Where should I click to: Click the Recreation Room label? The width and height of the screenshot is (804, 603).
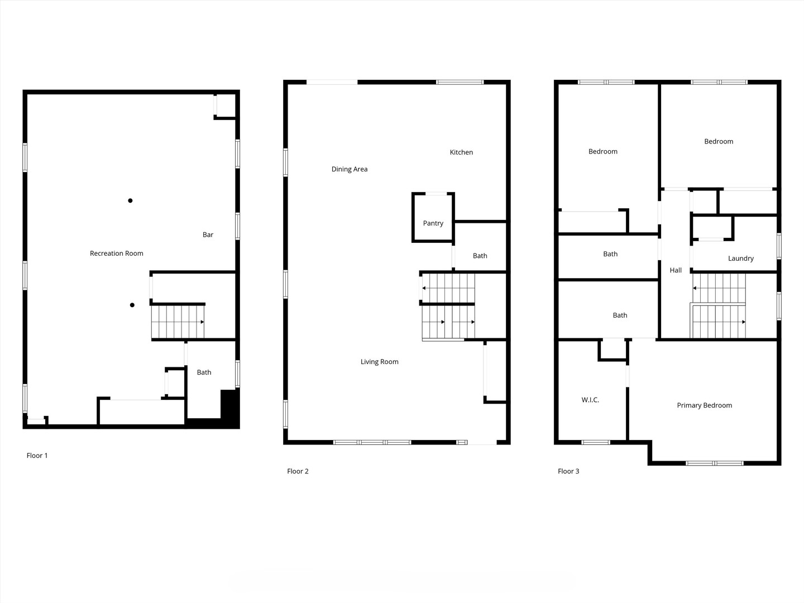click(117, 253)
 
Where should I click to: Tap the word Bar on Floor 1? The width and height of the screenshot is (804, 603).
click(208, 235)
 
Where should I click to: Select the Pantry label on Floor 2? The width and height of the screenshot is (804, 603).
click(433, 223)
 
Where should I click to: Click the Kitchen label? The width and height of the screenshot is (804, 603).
click(461, 152)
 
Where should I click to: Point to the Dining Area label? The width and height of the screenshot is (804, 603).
click(350, 169)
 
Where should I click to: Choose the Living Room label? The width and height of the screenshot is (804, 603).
click(379, 362)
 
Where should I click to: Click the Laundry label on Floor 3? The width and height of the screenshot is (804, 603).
click(741, 259)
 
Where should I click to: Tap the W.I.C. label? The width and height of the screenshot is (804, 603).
click(590, 400)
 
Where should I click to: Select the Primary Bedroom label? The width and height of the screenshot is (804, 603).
click(704, 405)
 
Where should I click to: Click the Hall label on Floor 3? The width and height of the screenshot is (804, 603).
click(676, 270)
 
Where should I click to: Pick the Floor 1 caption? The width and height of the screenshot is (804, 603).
click(37, 456)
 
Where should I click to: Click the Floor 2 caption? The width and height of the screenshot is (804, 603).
click(298, 471)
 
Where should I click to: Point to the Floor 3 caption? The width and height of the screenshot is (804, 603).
click(568, 471)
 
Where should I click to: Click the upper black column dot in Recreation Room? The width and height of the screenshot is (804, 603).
click(130, 200)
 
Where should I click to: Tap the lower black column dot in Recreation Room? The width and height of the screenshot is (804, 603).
click(132, 305)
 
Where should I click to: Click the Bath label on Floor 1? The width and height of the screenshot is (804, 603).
click(204, 372)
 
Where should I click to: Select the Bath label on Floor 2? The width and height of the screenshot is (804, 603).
click(480, 256)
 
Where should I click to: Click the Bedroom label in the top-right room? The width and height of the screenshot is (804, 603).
click(719, 142)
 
